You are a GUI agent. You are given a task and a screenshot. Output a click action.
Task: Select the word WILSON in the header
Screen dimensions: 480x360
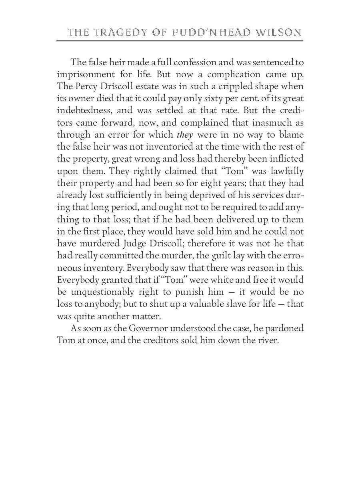click(x=280, y=32)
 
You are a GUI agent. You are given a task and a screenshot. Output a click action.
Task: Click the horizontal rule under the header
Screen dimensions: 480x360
click(x=180, y=41)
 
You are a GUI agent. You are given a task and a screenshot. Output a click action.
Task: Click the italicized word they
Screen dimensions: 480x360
click(x=185, y=135)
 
